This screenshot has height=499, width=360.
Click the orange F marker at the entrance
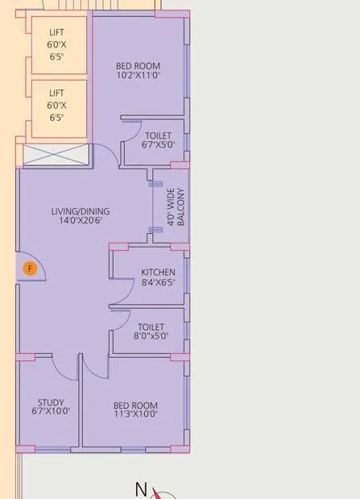(x=30, y=268)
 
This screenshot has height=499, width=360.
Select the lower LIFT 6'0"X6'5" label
(x=56, y=106)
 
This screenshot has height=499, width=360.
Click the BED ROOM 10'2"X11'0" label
(x=138, y=71)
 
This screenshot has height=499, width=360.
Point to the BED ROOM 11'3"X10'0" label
(x=135, y=410)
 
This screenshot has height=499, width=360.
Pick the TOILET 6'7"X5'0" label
(x=158, y=141)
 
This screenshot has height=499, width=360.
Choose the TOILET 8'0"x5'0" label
(x=151, y=331)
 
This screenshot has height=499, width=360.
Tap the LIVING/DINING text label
(x=81, y=212)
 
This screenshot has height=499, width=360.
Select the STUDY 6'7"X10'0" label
(x=50, y=406)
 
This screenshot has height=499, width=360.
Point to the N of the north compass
(x=140, y=489)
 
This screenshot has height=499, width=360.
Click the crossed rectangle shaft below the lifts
(x=54, y=156)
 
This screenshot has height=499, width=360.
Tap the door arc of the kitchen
(x=122, y=297)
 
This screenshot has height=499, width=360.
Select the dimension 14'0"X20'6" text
(x=81, y=222)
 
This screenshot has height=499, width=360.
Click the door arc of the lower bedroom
(x=95, y=368)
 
